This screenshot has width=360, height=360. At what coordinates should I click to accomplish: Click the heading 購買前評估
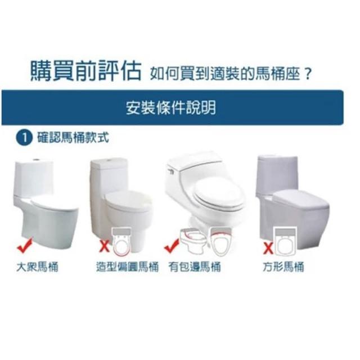[85, 71]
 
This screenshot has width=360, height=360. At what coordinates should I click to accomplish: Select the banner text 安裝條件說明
[171, 108]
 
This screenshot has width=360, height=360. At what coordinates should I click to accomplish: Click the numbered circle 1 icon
[24, 138]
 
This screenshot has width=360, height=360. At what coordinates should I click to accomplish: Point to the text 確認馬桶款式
[73, 138]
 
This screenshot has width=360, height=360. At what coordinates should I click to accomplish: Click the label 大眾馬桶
[38, 267]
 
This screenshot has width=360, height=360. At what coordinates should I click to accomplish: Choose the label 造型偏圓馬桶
[128, 267]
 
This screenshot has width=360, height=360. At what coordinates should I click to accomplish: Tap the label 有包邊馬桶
[195, 267]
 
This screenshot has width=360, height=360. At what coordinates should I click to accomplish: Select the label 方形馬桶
[283, 267]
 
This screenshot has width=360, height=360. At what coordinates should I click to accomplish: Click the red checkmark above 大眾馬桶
[25, 246]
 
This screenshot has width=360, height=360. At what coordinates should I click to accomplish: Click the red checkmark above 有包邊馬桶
[171, 246]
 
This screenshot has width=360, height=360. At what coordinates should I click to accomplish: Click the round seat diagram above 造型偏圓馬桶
[121, 241]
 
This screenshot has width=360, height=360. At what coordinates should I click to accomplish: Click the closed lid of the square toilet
[301, 199]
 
